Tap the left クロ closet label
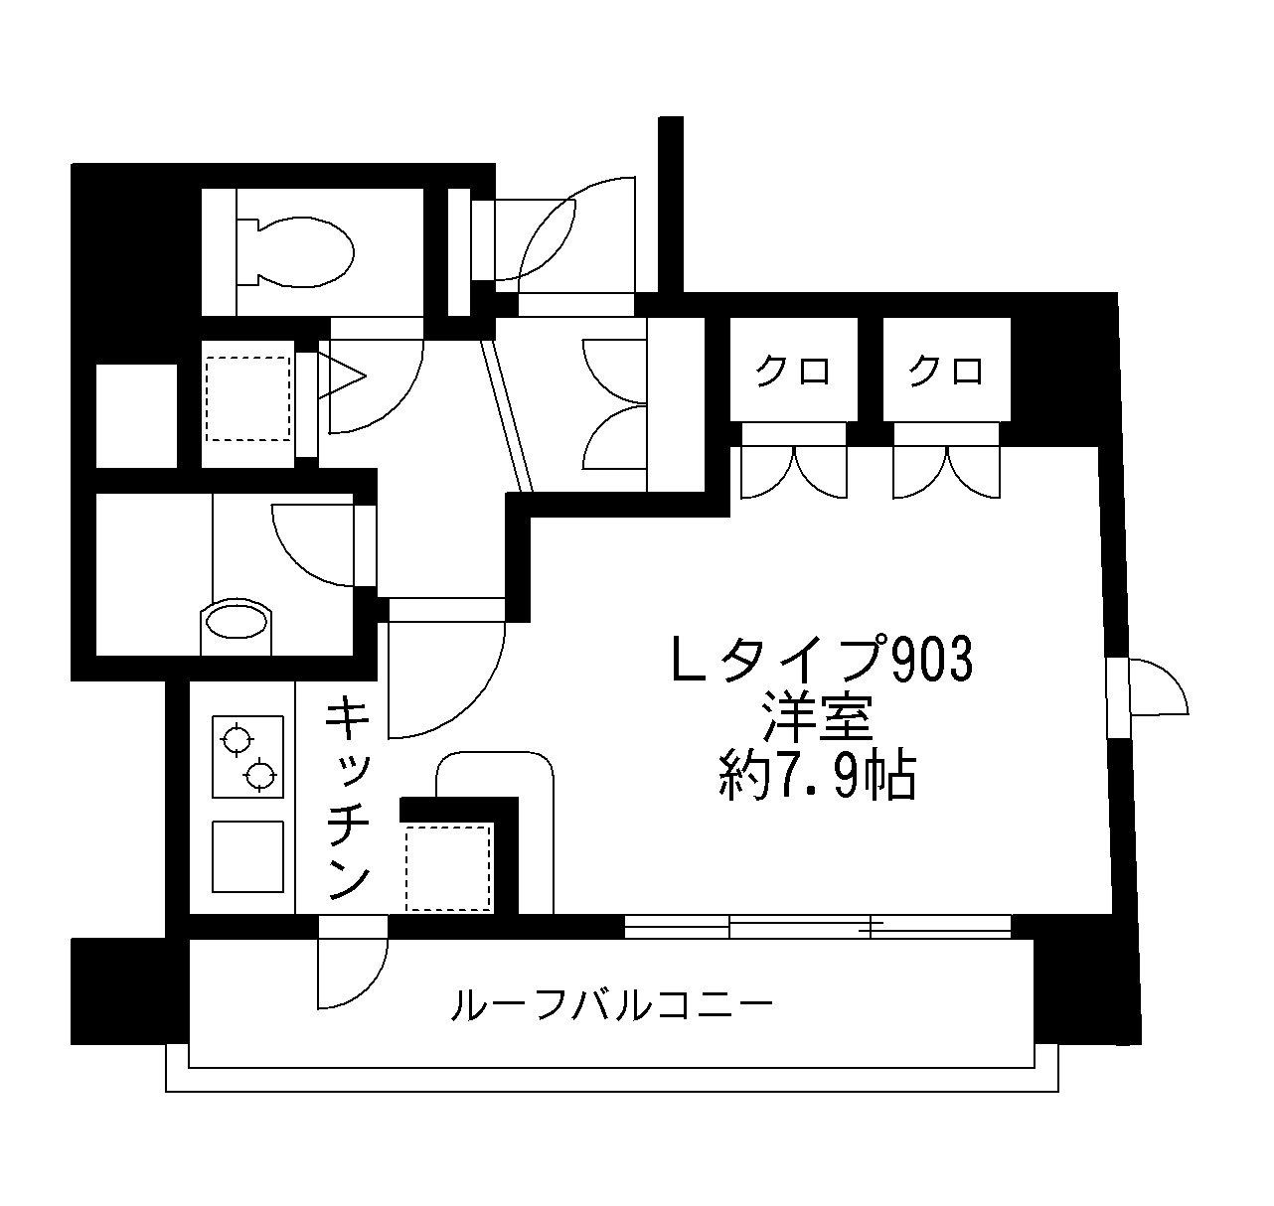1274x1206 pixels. tap(793, 372)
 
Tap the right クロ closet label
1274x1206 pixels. tap(946, 372)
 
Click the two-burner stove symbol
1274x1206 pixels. tap(247, 757)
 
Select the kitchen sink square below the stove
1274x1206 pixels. tap(247, 856)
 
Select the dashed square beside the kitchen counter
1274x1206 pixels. tap(448, 866)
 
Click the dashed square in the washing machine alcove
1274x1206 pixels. tap(247, 398)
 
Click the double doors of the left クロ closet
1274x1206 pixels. tap(793, 469)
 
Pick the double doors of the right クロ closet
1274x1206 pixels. tap(946, 469)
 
